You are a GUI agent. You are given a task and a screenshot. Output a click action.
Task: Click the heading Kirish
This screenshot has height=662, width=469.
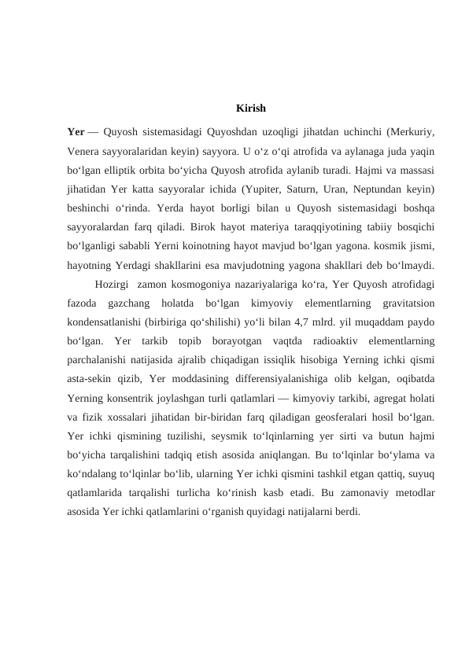pyautogui.click(x=250, y=108)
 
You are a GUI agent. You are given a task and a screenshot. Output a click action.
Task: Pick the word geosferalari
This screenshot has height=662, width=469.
pyautogui.click(x=357, y=417)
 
